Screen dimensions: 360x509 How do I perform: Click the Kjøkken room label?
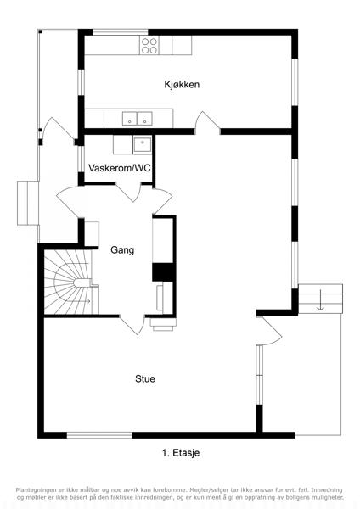click(x=182, y=85)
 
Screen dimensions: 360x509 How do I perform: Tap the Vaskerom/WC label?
click(x=120, y=168)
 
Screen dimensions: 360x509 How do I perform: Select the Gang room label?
click(x=122, y=250)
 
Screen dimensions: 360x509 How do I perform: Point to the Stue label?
click(x=145, y=379)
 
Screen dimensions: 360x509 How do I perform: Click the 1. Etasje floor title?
click(x=181, y=452)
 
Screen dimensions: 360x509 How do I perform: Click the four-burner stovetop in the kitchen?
click(x=149, y=46)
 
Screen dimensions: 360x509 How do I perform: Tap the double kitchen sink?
click(x=137, y=119)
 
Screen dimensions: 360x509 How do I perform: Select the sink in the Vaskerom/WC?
click(x=142, y=145)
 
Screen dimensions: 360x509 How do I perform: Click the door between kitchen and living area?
click(x=208, y=123)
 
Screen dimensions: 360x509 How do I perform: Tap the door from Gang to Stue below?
click(x=132, y=325)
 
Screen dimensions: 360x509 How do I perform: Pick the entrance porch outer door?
click(x=58, y=129)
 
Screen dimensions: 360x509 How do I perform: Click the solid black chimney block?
click(x=162, y=271)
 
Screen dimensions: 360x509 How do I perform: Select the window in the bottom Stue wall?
click(x=99, y=435)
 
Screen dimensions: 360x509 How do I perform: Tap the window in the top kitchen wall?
click(x=121, y=32)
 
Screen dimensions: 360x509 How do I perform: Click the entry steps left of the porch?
click(x=28, y=203)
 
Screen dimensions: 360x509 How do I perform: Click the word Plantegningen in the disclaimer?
click(x=36, y=489)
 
